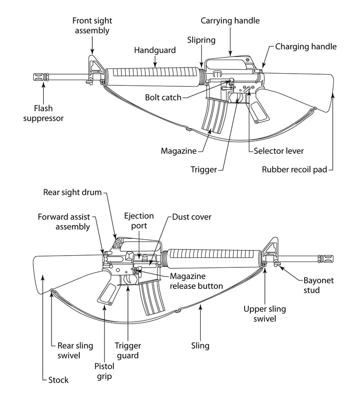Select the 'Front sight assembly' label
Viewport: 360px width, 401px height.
pos(92,26)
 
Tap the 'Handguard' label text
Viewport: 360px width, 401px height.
pos(155,50)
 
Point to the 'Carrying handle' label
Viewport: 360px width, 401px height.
pos(230,21)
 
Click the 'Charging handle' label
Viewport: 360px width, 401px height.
pos(306,46)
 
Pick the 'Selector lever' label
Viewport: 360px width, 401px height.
pos(278,151)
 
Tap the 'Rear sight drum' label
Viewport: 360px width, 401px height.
pos(72,192)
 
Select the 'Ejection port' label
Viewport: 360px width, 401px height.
pos(139,220)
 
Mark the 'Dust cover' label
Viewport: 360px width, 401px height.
pos(192,217)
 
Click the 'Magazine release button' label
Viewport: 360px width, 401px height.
pos(196,281)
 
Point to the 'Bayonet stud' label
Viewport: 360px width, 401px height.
pos(318,285)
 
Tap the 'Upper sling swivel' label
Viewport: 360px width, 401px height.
pos(264,314)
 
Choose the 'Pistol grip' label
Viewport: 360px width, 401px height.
pos(104,371)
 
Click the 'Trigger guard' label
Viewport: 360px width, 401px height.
pos(127,350)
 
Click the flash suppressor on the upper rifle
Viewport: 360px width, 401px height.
pos(45,78)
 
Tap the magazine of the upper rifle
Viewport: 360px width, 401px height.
pos(214,114)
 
